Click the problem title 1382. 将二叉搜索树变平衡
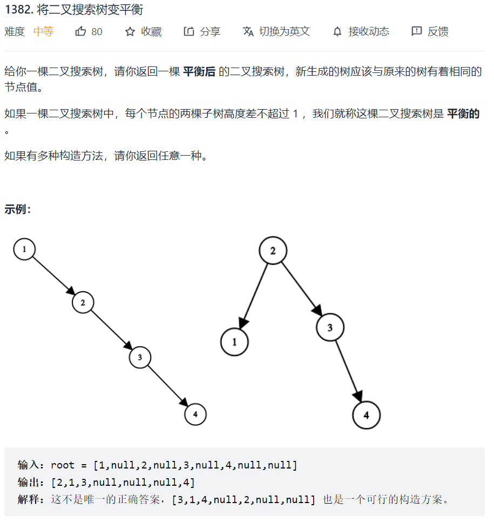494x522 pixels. coord(73,10)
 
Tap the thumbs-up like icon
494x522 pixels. coord(81,31)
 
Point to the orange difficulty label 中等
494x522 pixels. coord(44,31)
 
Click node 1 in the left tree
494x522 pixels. coord(24,249)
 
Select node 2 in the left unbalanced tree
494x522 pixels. coord(83,303)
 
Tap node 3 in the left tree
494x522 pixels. coord(140,357)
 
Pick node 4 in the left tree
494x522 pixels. coord(195,414)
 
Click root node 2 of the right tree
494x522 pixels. coord(273,250)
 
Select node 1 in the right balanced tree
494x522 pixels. coord(234,342)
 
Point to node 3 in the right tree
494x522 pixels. coord(330,327)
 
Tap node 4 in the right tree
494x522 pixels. coord(366,415)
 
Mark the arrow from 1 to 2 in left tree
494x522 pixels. coord(53,276)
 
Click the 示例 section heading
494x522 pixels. coord(18,209)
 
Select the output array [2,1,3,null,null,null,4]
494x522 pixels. coord(123,482)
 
